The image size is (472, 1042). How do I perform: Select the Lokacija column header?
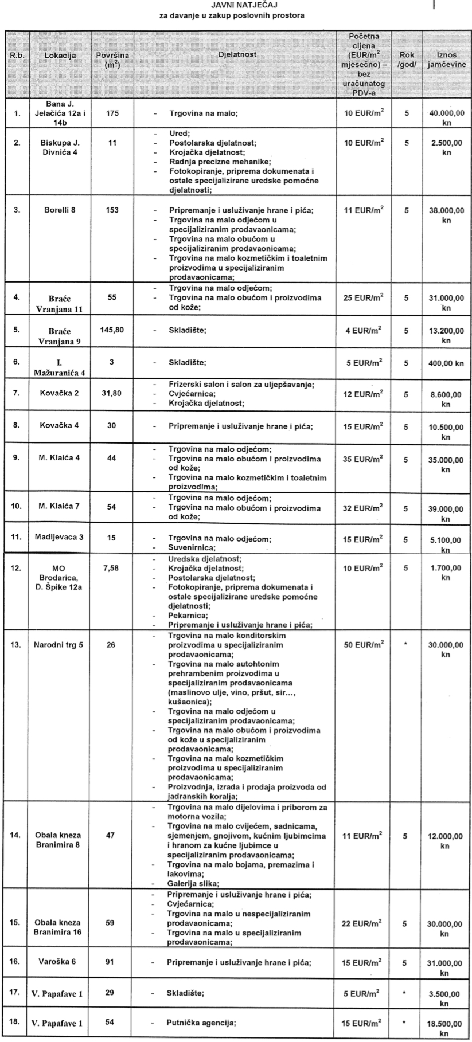tap(60, 55)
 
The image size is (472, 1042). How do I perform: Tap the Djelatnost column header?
tap(237, 54)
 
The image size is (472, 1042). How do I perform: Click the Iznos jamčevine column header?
tap(446, 60)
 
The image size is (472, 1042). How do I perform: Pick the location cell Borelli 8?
tap(60, 210)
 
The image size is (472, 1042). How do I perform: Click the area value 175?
tap(112, 113)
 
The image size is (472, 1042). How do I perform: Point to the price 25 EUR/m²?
tap(363, 298)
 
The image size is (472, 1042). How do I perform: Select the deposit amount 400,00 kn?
tap(446, 362)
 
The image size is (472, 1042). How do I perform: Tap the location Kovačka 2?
tap(60, 394)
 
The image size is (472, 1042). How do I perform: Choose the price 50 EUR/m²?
tap(363, 644)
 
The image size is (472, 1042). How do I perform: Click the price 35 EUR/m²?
tap(363, 459)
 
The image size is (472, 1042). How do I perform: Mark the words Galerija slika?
tap(193, 883)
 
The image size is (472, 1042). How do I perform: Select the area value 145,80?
tap(112, 330)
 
